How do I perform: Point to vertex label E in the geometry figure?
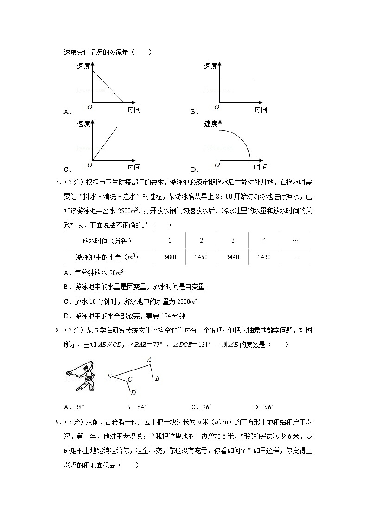(109, 376)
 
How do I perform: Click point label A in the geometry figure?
(149, 359)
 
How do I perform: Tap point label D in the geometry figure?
(133, 393)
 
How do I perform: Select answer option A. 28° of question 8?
(75, 407)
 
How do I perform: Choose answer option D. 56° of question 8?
(264, 407)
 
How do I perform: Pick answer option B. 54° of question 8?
(136, 407)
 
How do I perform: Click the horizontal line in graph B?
(236, 81)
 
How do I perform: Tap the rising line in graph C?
(105, 143)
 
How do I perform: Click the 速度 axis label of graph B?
(210, 66)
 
